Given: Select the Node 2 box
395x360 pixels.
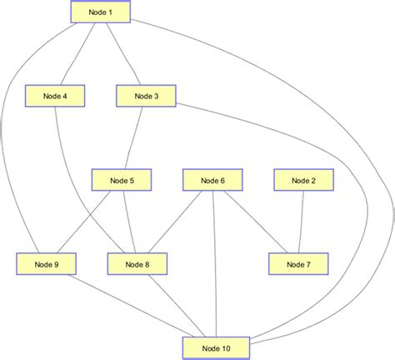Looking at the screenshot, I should pyautogui.click(x=303, y=180).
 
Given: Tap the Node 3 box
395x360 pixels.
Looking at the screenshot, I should pyautogui.click(x=145, y=97).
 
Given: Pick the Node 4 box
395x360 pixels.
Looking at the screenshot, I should pyautogui.click(x=54, y=97).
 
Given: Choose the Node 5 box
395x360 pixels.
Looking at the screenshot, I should pyautogui.click(x=122, y=180).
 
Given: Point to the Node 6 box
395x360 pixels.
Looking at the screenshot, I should pyautogui.click(x=212, y=180).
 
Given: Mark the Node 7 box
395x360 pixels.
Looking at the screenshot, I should pyautogui.click(x=298, y=264).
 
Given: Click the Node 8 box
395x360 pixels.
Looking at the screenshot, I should pyautogui.click(x=137, y=264).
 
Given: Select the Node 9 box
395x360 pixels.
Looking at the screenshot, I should pyautogui.click(x=45, y=264).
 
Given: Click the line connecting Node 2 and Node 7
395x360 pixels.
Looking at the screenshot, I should pyautogui.click(x=301, y=222).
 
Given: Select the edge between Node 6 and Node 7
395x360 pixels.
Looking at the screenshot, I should pyautogui.click(x=254, y=221).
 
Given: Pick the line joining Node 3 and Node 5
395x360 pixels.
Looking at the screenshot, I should pyautogui.click(x=133, y=138).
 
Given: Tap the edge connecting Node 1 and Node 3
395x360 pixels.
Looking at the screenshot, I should pyautogui.click(x=122, y=53).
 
